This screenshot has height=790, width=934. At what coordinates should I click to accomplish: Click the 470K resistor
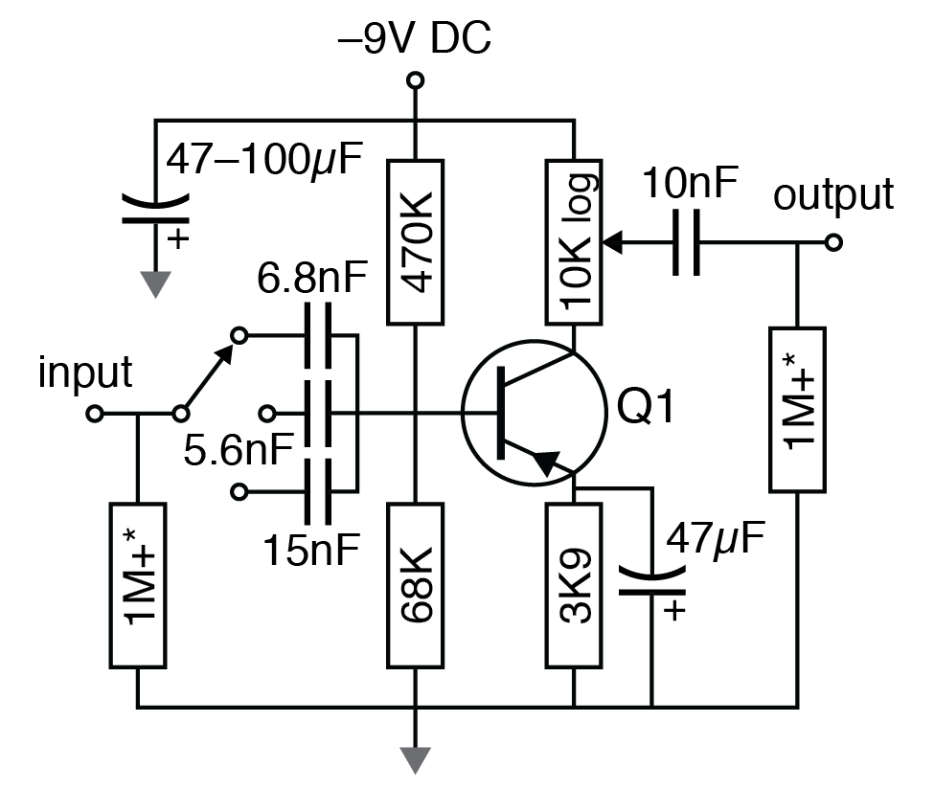[x=415, y=241]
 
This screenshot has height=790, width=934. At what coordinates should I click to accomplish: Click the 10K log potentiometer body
[x=573, y=241]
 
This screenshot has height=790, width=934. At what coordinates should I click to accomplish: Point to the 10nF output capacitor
[x=687, y=243]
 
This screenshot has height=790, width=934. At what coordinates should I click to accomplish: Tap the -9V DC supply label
[x=415, y=40]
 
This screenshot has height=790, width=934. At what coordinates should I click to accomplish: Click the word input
[x=85, y=373]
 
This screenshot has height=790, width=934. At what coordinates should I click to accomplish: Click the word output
[x=832, y=194]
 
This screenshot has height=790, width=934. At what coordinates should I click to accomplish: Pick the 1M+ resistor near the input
[x=139, y=584]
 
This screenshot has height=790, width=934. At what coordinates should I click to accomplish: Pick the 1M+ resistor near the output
[x=798, y=410]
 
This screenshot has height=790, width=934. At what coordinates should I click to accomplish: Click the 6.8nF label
[x=312, y=281]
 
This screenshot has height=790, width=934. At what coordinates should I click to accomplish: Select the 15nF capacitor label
[x=312, y=550]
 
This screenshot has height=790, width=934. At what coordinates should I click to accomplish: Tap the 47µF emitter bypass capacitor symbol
[x=652, y=581]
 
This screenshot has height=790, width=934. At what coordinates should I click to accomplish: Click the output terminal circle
[x=833, y=243]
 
